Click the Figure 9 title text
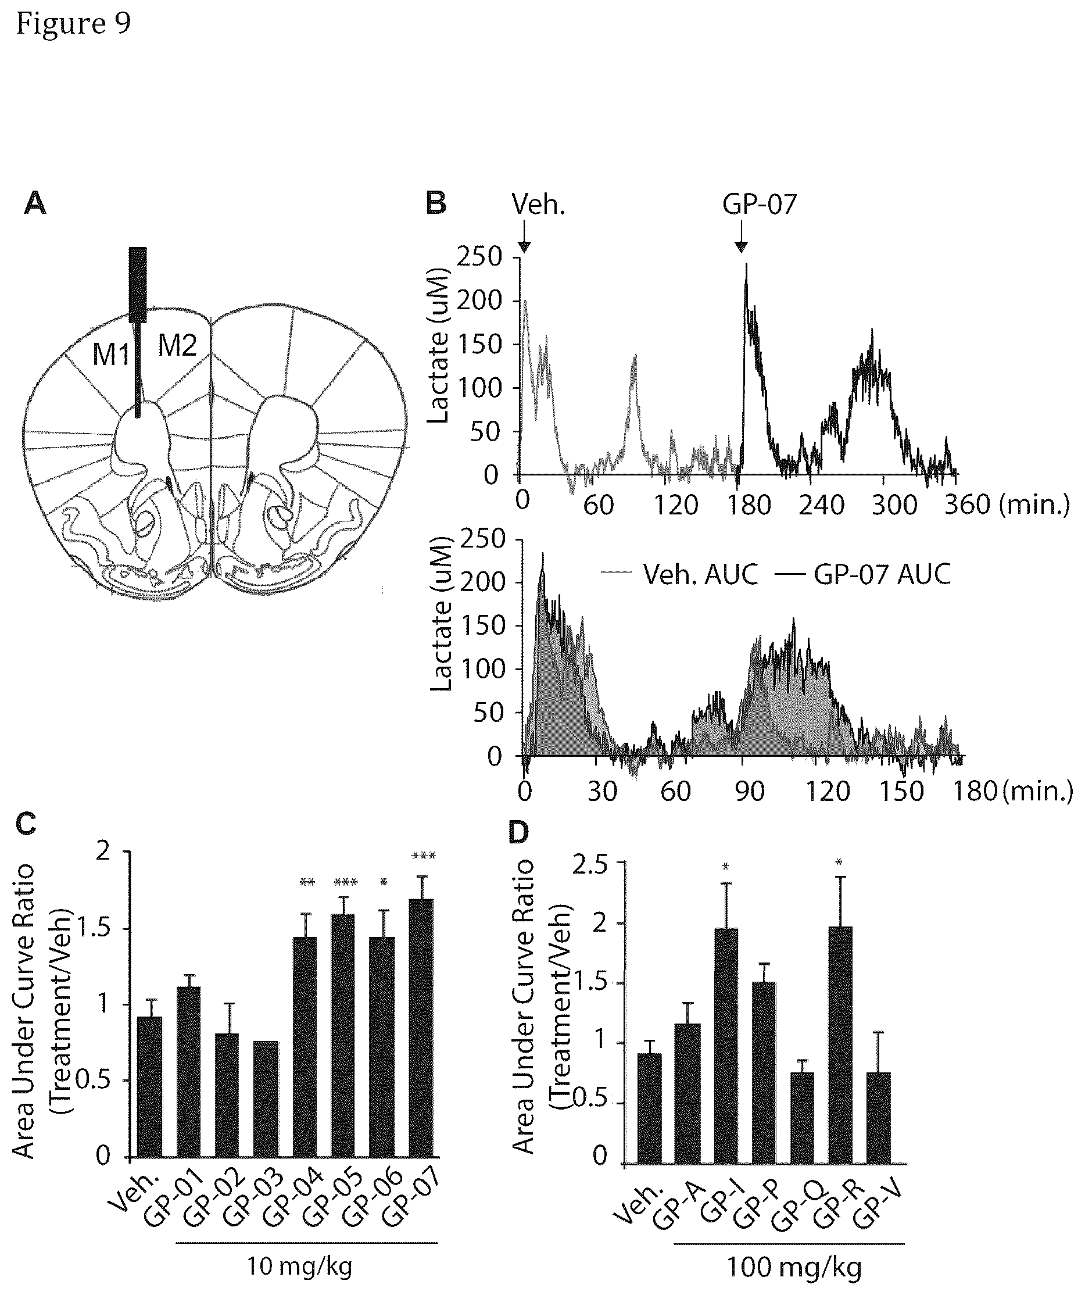pos(73,24)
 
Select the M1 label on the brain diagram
pos(111,355)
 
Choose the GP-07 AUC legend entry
pos(862,575)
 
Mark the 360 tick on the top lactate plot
pos(967,505)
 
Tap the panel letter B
pos(436,203)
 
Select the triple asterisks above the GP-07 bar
pos(424,856)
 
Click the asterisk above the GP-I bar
pos(726,868)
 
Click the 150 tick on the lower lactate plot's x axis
pos(901,791)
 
